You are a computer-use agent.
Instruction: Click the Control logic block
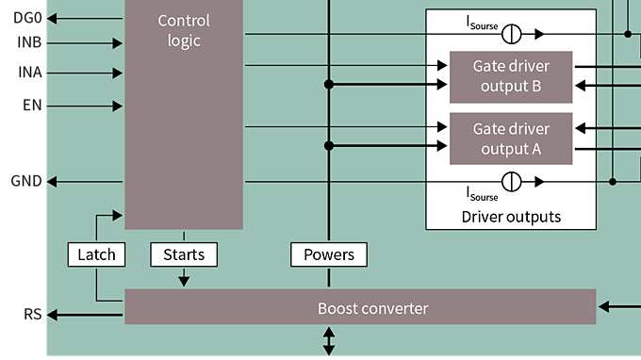[184, 113]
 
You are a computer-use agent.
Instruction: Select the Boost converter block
[360, 308]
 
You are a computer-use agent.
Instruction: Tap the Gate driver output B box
[510, 76]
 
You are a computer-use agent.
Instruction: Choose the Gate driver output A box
[510, 138]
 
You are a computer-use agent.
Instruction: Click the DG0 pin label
[28, 18]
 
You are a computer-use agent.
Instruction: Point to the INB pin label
[29, 42]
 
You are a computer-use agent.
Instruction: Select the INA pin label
[29, 73]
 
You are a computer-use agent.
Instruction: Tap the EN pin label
[32, 105]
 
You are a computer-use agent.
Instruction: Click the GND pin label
[26, 181]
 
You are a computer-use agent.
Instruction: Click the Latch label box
[95, 254]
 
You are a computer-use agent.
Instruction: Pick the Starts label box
[184, 254]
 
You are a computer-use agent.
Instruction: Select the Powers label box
[329, 254]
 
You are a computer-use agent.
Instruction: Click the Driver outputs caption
[511, 217]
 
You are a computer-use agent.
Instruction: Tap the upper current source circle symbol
[511, 34]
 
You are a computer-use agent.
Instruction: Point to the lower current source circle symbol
[511, 181]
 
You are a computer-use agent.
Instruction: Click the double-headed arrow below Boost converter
[329, 341]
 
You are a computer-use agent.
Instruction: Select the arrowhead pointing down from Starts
[184, 280]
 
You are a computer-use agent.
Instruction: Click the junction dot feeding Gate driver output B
[329, 85]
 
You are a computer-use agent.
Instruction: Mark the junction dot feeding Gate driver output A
[329, 146]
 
